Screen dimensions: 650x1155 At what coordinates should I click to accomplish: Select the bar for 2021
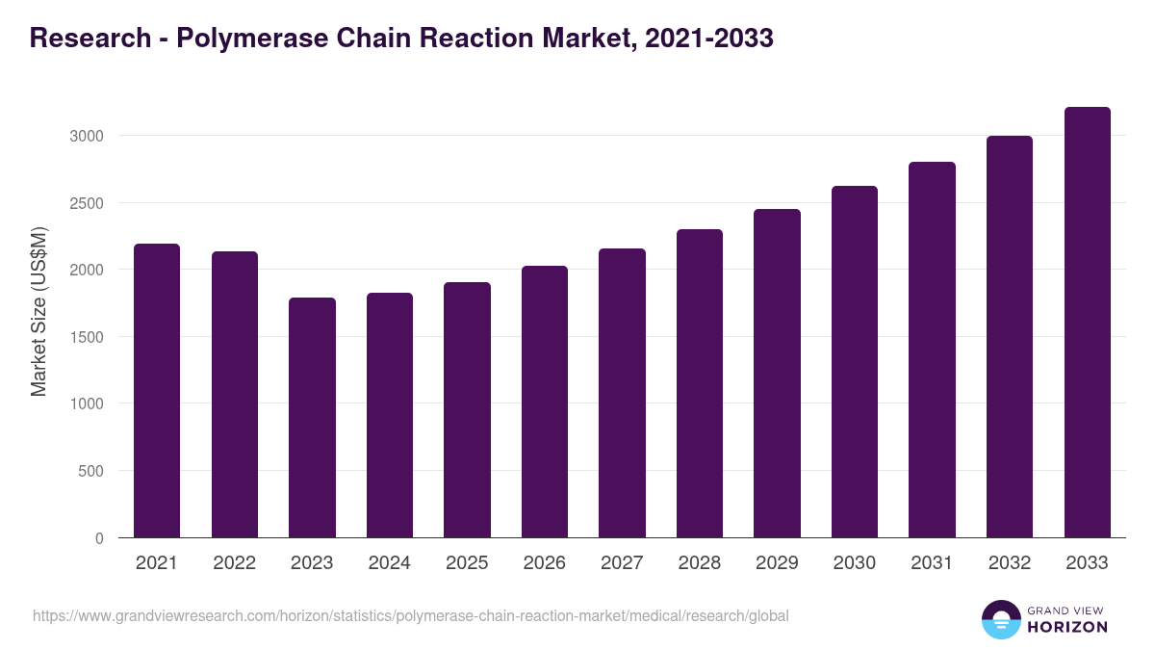point(157,391)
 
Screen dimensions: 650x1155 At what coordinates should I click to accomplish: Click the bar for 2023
point(312,418)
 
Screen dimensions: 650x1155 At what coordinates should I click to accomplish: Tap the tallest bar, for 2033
point(1087,323)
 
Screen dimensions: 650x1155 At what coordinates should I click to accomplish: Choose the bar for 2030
point(854,362)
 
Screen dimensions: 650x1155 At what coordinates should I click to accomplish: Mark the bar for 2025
point(467,410)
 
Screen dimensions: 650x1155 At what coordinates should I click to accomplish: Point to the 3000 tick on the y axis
point(86,136)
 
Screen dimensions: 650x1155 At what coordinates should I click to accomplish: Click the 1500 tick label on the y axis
point(86,337)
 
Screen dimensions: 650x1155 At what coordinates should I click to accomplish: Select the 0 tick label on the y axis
point(99,538)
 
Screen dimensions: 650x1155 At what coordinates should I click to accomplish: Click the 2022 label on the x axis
point(234,563)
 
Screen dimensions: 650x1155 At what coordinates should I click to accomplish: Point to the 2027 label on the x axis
point(622,563)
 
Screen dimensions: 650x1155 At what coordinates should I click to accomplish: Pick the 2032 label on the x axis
point(1009,563)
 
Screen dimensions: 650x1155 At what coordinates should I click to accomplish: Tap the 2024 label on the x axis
point(389,563)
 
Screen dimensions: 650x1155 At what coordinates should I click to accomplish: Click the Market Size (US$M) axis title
point(38,311)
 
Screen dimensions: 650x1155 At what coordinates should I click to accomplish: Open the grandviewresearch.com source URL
point(410,615)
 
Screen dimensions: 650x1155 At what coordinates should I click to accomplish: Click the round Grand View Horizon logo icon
point(1001,619)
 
